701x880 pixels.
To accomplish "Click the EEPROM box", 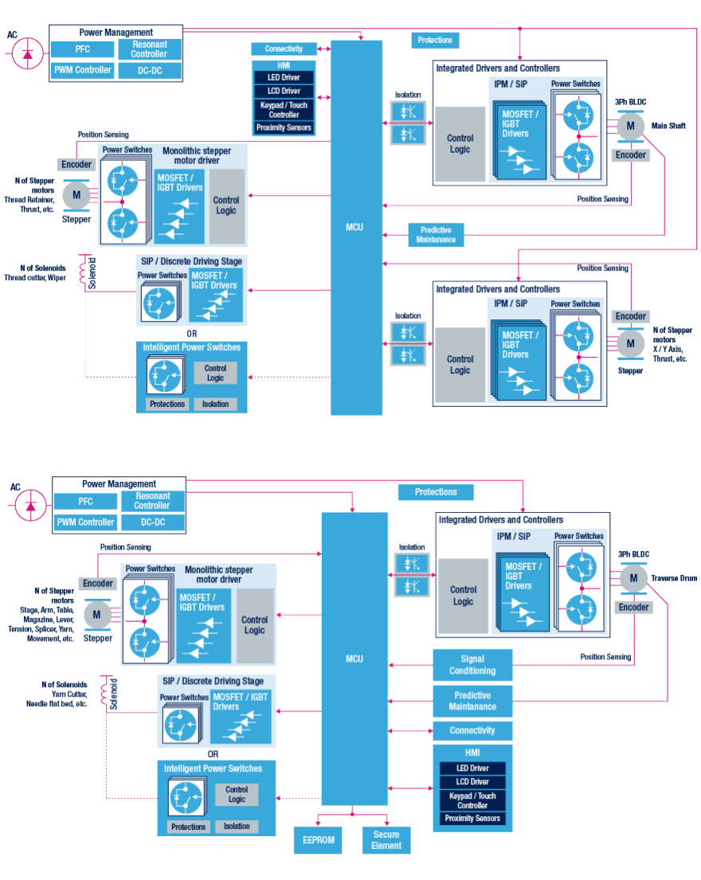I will point(318,840).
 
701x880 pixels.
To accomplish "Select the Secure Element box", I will point(386,840).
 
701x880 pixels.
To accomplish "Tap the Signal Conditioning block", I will point(472,664).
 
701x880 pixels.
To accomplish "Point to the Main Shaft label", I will point(669,126).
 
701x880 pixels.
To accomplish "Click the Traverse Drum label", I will point(673,578).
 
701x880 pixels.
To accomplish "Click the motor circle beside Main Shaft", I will point(630,126).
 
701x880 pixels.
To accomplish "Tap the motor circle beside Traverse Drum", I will point(634,578).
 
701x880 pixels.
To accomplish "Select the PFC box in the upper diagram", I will point(83,49).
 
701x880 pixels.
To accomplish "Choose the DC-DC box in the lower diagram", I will point(152,523).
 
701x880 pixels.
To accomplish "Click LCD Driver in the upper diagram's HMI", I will point(284,91).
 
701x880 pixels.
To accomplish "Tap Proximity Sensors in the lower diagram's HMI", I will point(472,819).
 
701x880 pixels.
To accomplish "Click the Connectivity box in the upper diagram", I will point(284,49).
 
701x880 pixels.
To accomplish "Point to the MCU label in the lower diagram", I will point(354,659).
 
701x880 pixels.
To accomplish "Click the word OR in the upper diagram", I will point(191,334).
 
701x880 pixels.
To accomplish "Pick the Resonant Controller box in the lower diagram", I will point(152,501).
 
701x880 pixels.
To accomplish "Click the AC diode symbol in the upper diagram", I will point(27,53).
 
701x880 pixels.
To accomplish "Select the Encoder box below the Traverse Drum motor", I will point(634,608).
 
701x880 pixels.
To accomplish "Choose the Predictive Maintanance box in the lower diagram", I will point(472,701).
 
